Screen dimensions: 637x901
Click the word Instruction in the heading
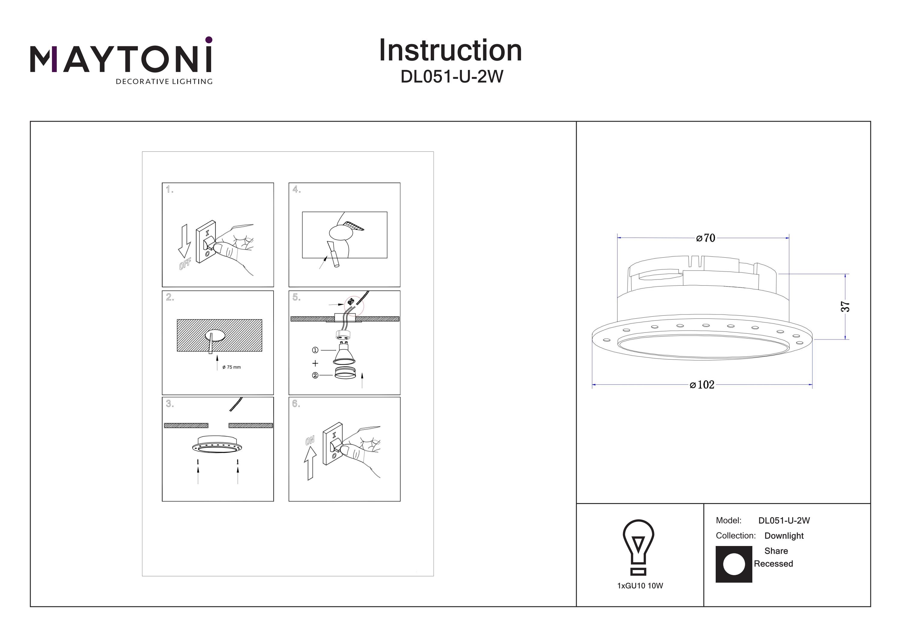coord(450,51)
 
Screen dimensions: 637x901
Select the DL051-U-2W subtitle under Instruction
coord(452,77)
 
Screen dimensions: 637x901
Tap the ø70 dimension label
coord(705,238)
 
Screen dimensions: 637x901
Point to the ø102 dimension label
coord(702,385)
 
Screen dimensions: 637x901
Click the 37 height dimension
coord(845,307)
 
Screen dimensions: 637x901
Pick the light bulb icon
coord(639,547)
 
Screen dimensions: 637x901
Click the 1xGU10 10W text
coord(640,586)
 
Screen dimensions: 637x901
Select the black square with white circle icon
coord(734,564)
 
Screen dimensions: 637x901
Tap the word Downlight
coord(784,536)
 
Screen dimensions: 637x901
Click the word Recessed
coord(773,564)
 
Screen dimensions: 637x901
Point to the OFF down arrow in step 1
coord(184,241)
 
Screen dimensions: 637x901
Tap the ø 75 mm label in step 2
coord(232,367)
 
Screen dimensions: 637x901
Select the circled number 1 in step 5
coord(315,350)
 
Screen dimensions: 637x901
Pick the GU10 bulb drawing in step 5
coord(344,353)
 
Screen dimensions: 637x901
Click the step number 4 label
coord(296,190)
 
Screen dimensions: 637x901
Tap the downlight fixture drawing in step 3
coord(217,445)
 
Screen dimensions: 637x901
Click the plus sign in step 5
coord(315,363)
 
